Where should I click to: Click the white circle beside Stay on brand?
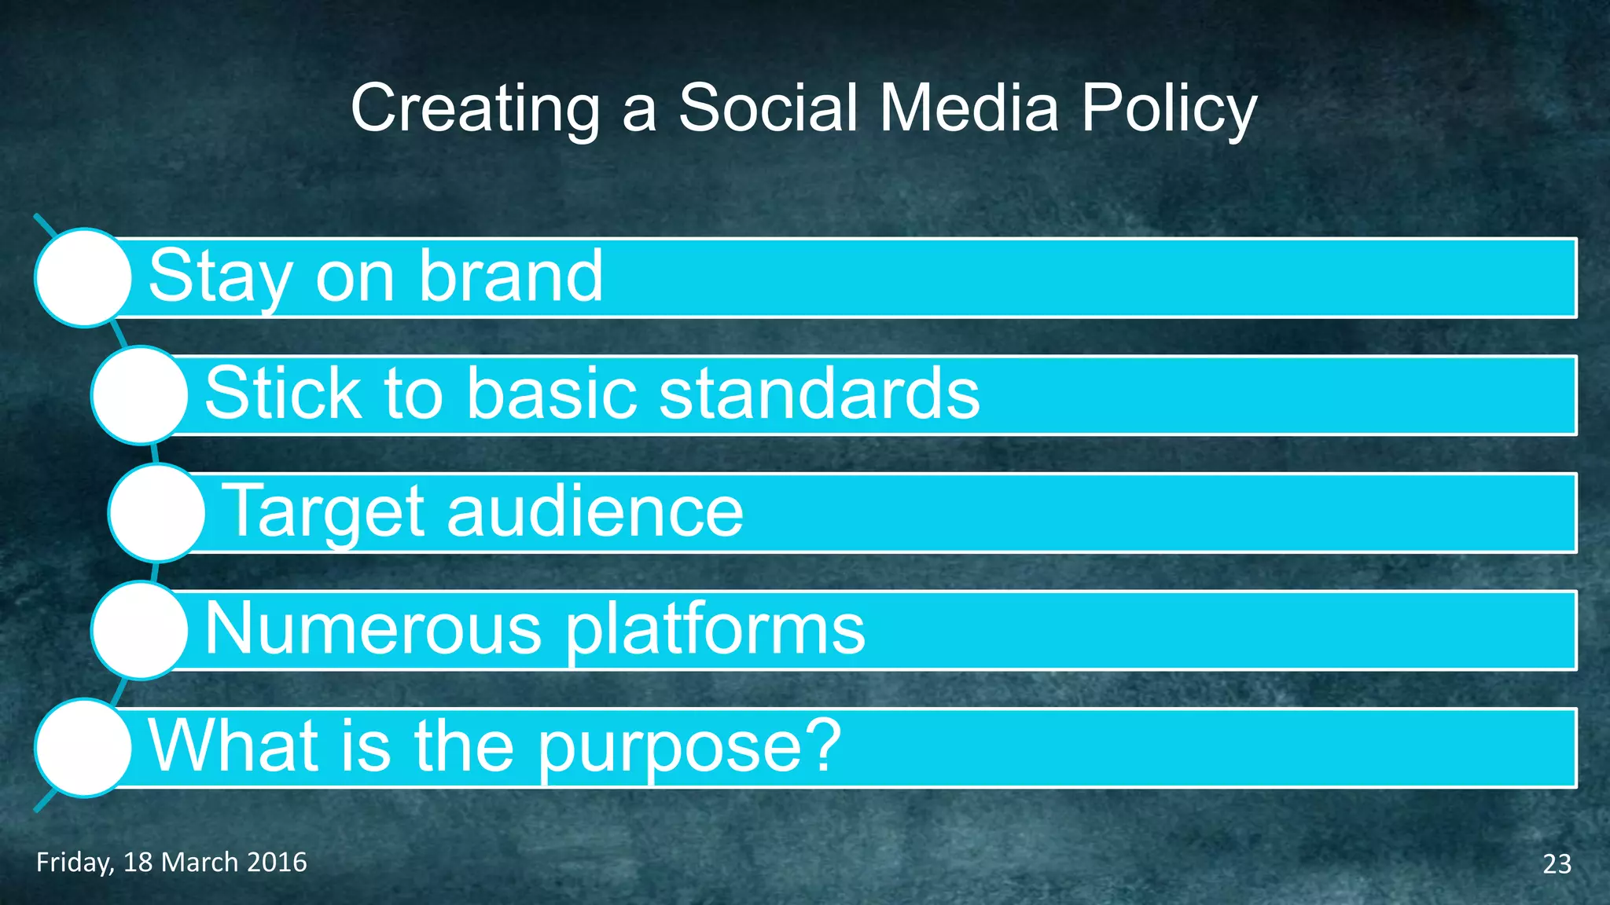coord(83,277)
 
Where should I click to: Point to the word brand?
coord(510,276)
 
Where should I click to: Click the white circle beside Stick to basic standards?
coord(140,395)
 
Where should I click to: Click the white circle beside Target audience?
coord(157,512)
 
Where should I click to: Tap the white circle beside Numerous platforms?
coord(140,630)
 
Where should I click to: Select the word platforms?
coord(715,630)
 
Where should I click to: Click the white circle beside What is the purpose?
coord(83,748)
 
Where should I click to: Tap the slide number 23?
coord(1557,864)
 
